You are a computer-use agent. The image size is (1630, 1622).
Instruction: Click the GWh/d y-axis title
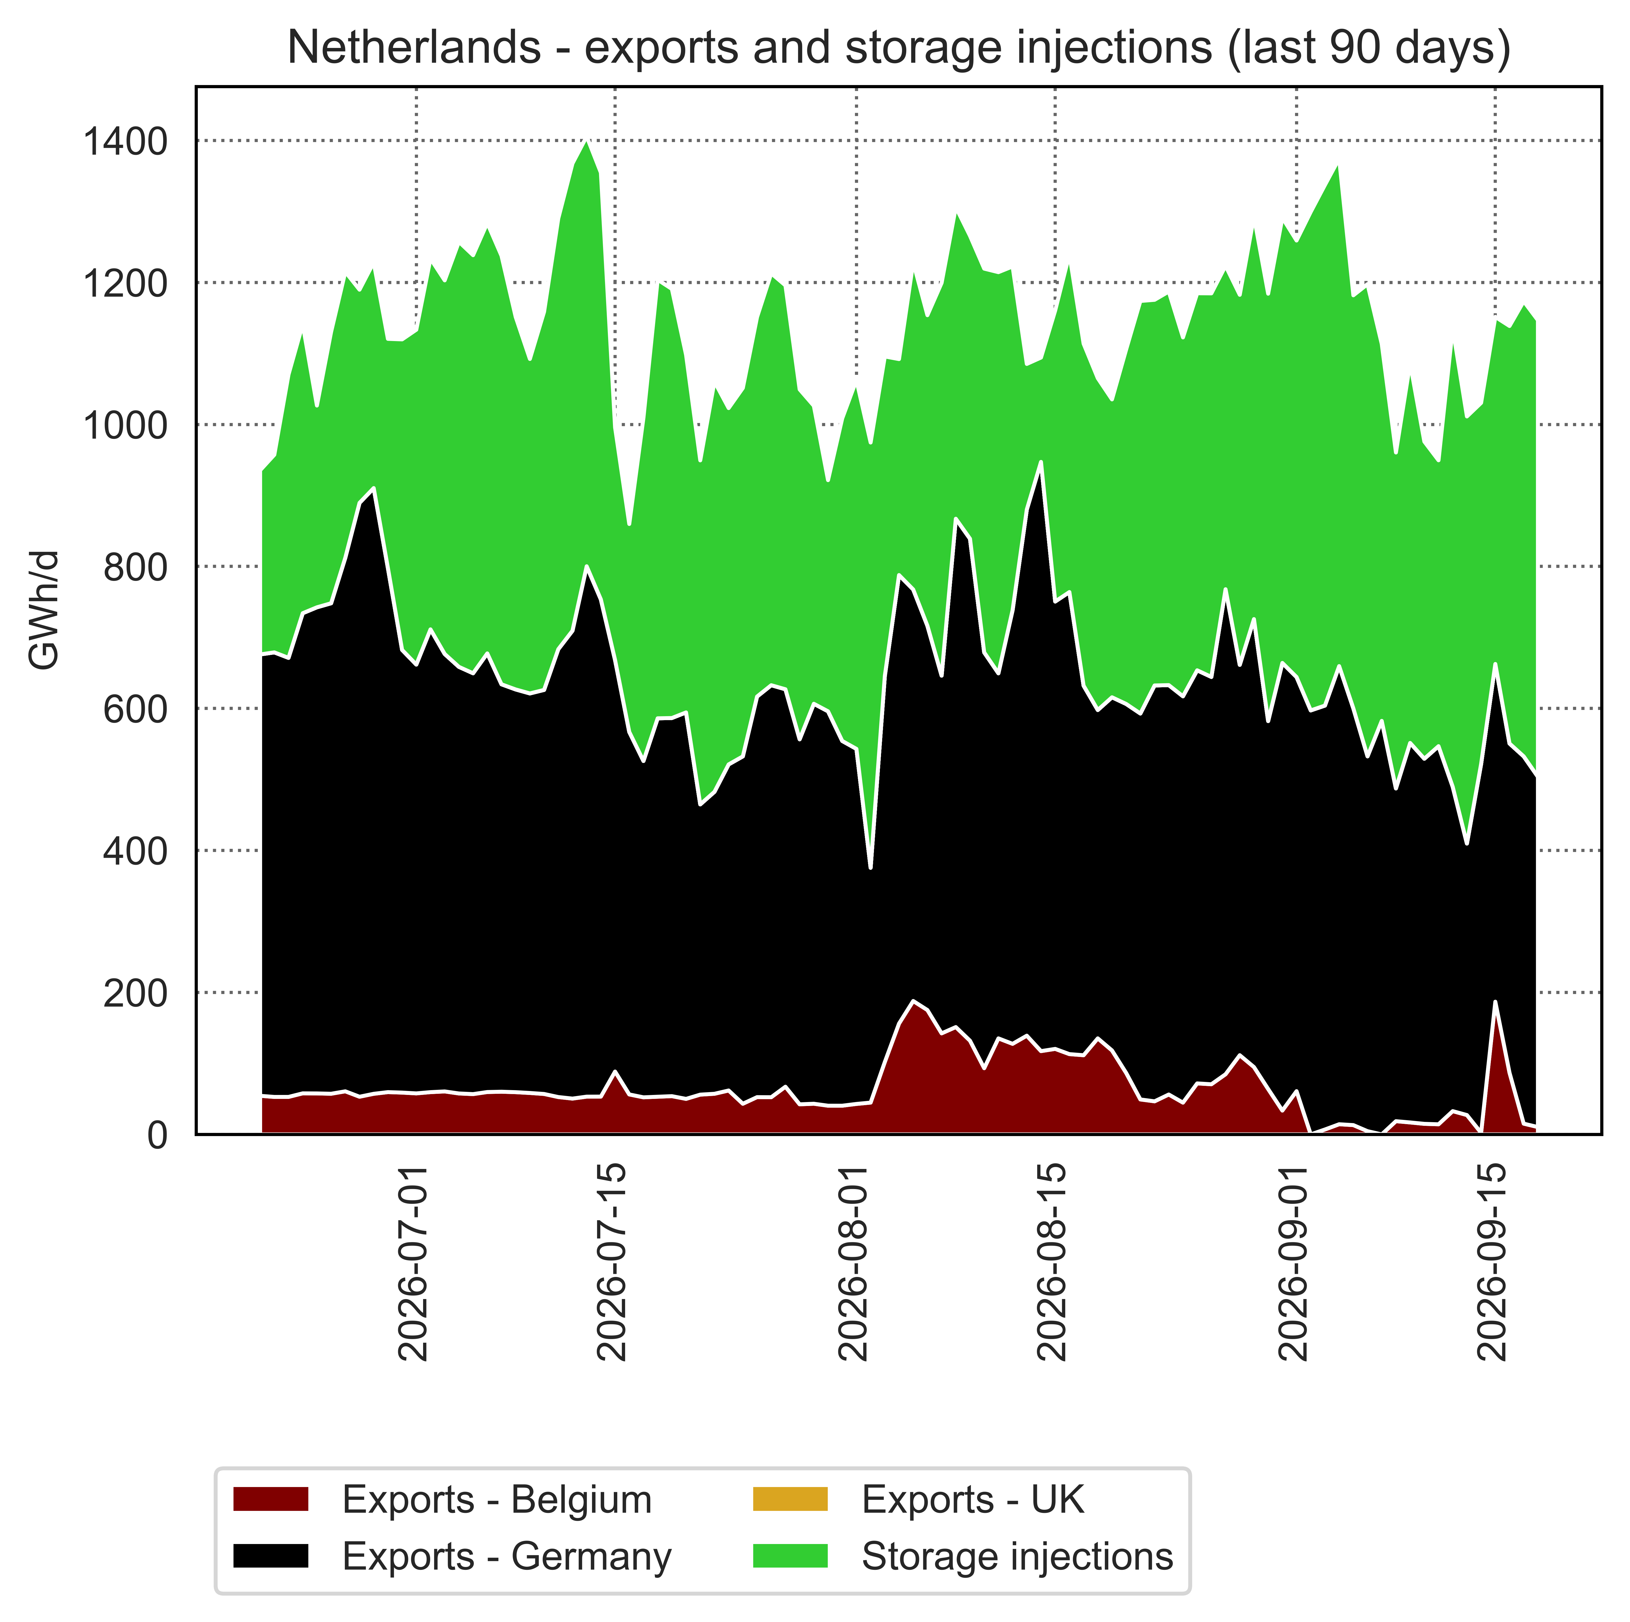(44, 609)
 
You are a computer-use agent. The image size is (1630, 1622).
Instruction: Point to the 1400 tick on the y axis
(125, 141)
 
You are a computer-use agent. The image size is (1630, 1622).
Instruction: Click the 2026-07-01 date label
(413, 1263)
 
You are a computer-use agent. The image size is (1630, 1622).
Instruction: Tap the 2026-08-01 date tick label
(854, 1263)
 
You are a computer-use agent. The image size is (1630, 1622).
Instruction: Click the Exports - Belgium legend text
(497, 1500)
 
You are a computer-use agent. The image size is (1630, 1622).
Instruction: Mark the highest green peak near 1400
(587, 142)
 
